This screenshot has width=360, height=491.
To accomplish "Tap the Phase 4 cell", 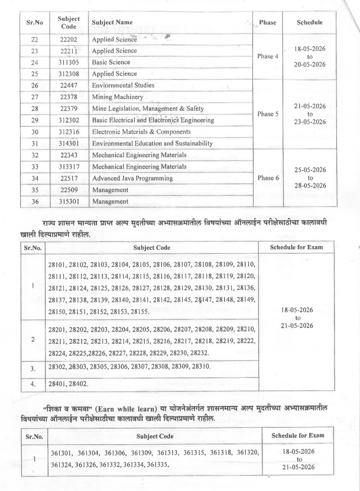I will (267, 57).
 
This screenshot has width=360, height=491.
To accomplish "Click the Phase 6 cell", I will (267, 177).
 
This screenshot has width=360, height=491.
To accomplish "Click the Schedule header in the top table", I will (310, 22).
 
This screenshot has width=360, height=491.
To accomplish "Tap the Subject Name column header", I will (113, 22).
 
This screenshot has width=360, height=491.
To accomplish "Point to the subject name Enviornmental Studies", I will (123, 85).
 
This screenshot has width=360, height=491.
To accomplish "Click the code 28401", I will (59, 383).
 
